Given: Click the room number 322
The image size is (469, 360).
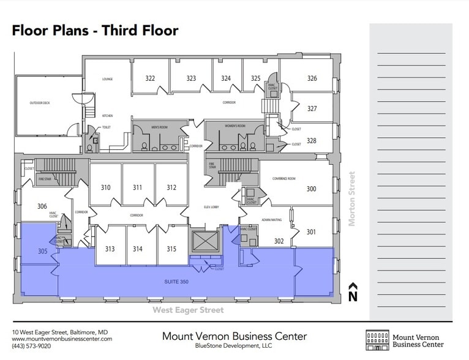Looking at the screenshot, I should [x=150, y=78].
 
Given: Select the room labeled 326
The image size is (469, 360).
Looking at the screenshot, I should [x=312, y=78].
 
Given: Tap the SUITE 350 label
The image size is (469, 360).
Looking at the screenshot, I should [x=175, y=280].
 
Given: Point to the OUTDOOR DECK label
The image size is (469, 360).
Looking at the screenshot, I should [x=40, y=103].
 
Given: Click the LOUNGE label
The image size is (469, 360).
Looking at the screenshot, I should [x=107, y=79].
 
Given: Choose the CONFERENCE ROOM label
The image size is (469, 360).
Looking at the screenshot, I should [x=283, y=178].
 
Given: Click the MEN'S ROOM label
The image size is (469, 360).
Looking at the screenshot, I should [x=159, y=127].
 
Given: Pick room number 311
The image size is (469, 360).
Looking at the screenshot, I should [x=138, y=187].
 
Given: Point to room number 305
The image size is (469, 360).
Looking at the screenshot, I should [x=42, y=251].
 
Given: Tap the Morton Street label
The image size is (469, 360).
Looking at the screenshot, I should [x=351, y=199].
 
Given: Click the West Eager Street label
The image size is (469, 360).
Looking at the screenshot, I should [x=188, y=310].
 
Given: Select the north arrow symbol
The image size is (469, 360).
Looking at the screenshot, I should [x=352, y=293].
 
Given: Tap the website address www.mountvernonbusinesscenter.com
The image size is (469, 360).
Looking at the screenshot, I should [x=62, y=339].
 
